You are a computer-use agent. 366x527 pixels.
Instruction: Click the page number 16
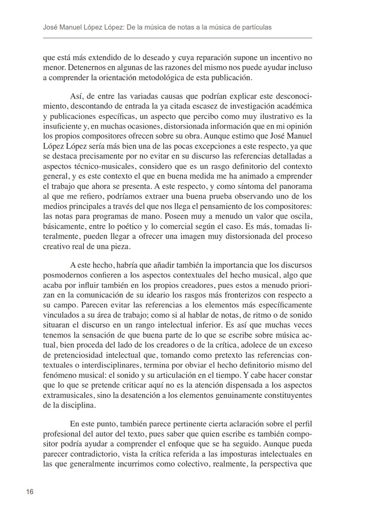pyautogui.click(x=29, y=492)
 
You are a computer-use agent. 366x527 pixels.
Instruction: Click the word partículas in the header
pyautogui.click(x=254, y=27)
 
